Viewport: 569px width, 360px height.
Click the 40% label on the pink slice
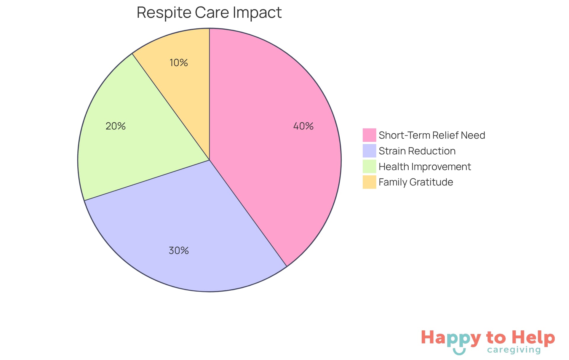[303, 126]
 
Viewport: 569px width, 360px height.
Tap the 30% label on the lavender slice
[178, 251]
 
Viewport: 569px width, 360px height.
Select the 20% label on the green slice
[116, 126]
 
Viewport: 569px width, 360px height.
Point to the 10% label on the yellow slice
[178, 63]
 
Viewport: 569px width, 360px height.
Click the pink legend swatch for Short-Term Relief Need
[369, 135]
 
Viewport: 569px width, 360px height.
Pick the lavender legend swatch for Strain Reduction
[369, 151]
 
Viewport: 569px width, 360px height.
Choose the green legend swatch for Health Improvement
[369, 167]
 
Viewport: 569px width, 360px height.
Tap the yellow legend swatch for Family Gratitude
[369, 182]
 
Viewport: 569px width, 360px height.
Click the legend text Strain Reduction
[417, 151]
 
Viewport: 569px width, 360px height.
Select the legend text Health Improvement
[424, 167]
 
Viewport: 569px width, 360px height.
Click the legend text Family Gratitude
[415, 182]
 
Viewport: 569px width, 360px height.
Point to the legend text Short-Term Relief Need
[431, 135]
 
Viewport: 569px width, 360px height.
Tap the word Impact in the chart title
[257, 13]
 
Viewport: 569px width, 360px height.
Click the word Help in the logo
[533, 338]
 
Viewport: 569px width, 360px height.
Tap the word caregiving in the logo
[514, 350]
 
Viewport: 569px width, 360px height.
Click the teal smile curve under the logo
[459, 352]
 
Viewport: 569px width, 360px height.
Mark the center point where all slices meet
[210, 160]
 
